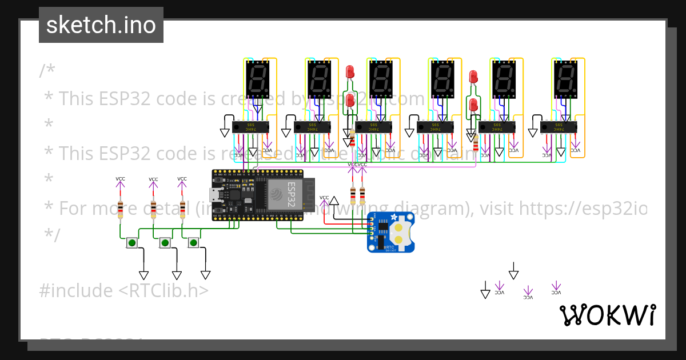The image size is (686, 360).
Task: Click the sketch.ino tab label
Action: pos(101,25)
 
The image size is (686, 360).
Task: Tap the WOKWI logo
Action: pos(607,315)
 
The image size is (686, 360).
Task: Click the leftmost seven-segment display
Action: pos(257,78)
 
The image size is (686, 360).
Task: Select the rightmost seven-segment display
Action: pos(565,78)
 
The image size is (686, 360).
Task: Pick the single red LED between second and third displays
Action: pos(350,72)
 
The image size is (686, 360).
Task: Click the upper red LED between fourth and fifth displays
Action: pos(473,77)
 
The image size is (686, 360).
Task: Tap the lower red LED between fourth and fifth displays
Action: pos(473,105)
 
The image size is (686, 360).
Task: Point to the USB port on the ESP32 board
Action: pos(216,195)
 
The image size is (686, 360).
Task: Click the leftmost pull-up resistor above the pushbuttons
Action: pos(120,210)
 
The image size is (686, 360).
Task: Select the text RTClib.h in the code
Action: pos(164,291)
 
